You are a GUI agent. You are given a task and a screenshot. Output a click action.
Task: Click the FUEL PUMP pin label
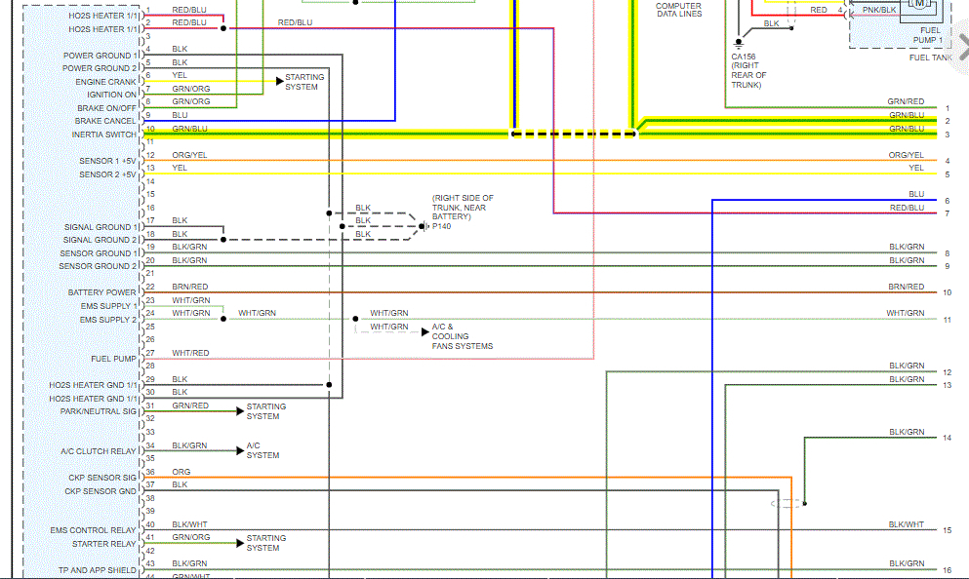pos(113,359)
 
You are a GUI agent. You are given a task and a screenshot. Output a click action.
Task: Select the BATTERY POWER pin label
pos(102,292)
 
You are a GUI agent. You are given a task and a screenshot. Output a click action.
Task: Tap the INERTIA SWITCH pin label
pos(104,135)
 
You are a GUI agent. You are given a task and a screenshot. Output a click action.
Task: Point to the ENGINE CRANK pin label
pos(106,82)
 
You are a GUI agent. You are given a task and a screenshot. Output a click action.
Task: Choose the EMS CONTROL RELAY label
pos(94,530)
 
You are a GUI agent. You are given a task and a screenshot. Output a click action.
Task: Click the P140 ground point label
pos(441,226)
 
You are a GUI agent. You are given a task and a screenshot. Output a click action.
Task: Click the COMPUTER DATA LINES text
pos(678,10)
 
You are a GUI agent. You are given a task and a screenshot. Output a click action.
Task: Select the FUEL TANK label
pos(930,58)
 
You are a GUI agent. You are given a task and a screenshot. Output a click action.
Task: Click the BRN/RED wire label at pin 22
pos(190,287)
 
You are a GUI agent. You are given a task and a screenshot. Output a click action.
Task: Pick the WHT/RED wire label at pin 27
pos(190,353)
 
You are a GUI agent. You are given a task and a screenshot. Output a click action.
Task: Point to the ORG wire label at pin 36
pos(182,472)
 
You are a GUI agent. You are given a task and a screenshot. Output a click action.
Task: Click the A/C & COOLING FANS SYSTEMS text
pos(462,336)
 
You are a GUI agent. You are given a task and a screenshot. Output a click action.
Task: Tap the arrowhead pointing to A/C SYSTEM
pos(240,450)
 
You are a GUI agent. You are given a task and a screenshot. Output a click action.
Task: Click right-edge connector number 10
pos(947,292)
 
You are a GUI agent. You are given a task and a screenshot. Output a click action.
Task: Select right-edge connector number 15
pos(947,530)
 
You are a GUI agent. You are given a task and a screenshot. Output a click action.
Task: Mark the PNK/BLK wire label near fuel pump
pos(879,10)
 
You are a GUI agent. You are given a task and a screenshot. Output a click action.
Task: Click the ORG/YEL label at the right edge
pos(906,155)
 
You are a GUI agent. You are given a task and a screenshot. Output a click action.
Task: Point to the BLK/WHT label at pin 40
pos(190,524)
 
